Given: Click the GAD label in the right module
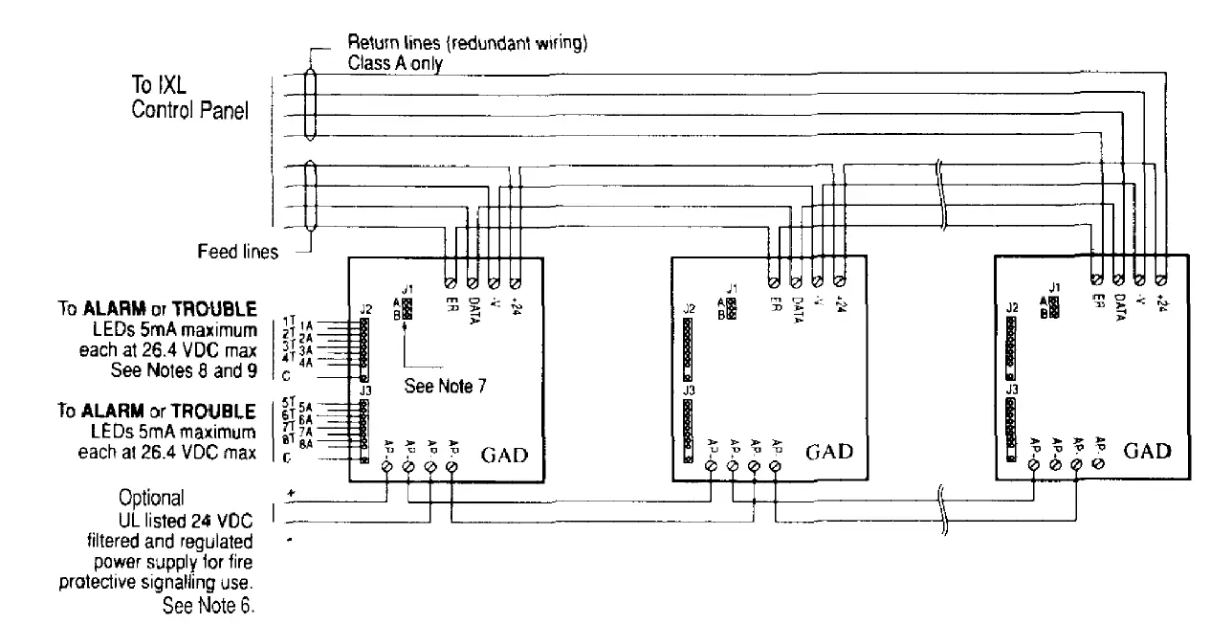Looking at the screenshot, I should coord(1148,451).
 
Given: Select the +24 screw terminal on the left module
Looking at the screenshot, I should coord(516,282).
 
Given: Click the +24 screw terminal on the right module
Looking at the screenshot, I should coord(1160,279).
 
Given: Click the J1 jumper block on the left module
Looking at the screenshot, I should coord(407,307).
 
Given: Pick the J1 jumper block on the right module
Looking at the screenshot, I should coord(1054,306).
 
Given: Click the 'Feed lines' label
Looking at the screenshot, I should coord(238,253).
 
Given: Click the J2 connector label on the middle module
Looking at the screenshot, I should coord(689,309).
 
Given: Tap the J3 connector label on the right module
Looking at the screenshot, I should coord(1011,390).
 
